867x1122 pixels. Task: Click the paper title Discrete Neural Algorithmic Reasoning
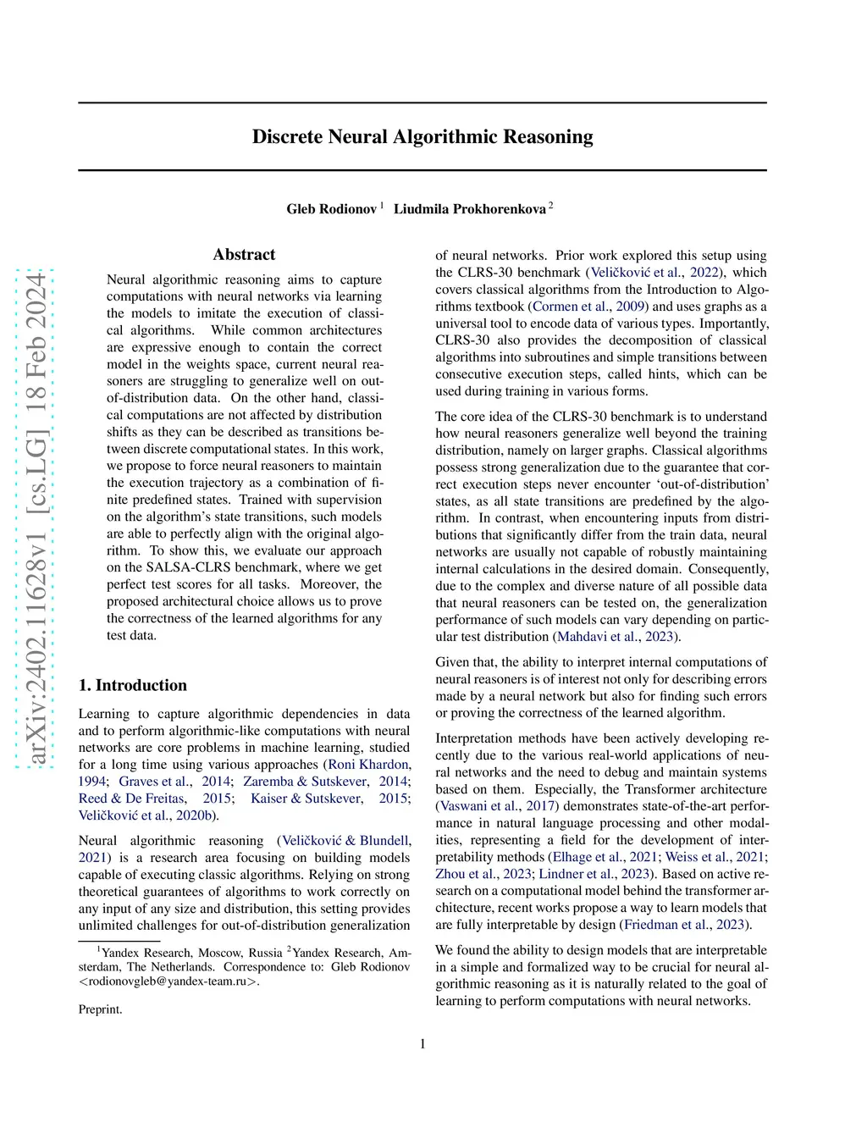(422, 137)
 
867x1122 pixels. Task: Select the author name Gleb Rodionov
(331, 209)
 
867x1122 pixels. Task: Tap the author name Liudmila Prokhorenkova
(469, 209)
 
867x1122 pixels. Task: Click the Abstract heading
(244, 255)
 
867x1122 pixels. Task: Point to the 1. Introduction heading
(133, 685)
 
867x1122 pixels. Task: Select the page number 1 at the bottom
(422, 1044)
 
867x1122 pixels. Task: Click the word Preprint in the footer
(100, 1009)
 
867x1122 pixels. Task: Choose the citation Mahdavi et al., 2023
(616, 637)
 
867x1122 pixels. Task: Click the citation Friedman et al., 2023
(684, 925)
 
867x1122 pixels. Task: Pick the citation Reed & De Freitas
(132, 799)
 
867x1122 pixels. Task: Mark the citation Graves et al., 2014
(156, 782)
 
